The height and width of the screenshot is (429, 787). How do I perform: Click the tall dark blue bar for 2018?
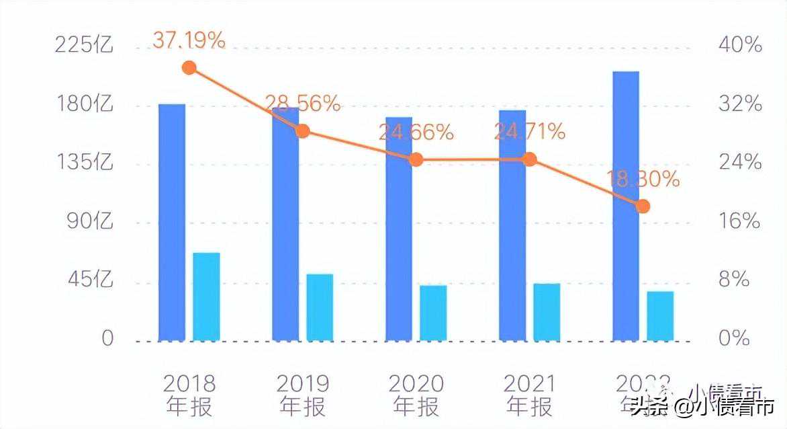click(x=172, y=222)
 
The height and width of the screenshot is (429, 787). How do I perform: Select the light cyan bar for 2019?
click(x=320, y=307)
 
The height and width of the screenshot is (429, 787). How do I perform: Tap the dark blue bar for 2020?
click(x=399, y=229)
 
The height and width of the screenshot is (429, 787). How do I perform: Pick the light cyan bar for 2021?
click(x=547, y=311)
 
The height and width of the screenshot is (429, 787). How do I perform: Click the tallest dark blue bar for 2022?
click(x=626, y=206)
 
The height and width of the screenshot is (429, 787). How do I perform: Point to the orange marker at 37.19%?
click(x=189, y=68)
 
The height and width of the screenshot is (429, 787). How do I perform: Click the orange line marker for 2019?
click(x=303, y=130)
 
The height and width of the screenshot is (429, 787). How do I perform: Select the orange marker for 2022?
click(x=643, y=206)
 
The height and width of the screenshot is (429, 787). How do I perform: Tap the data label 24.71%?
click(x=529, y=132)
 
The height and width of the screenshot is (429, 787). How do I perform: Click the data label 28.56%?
click(x=303, y=104)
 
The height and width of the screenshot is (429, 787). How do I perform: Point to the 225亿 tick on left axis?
click(x=85, y=46)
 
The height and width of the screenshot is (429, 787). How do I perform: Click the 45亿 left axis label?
click(x=89, y=279)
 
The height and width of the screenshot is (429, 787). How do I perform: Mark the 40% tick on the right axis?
click(x=740, y=46)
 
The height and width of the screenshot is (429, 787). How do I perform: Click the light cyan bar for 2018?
click(x=206, y=297)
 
